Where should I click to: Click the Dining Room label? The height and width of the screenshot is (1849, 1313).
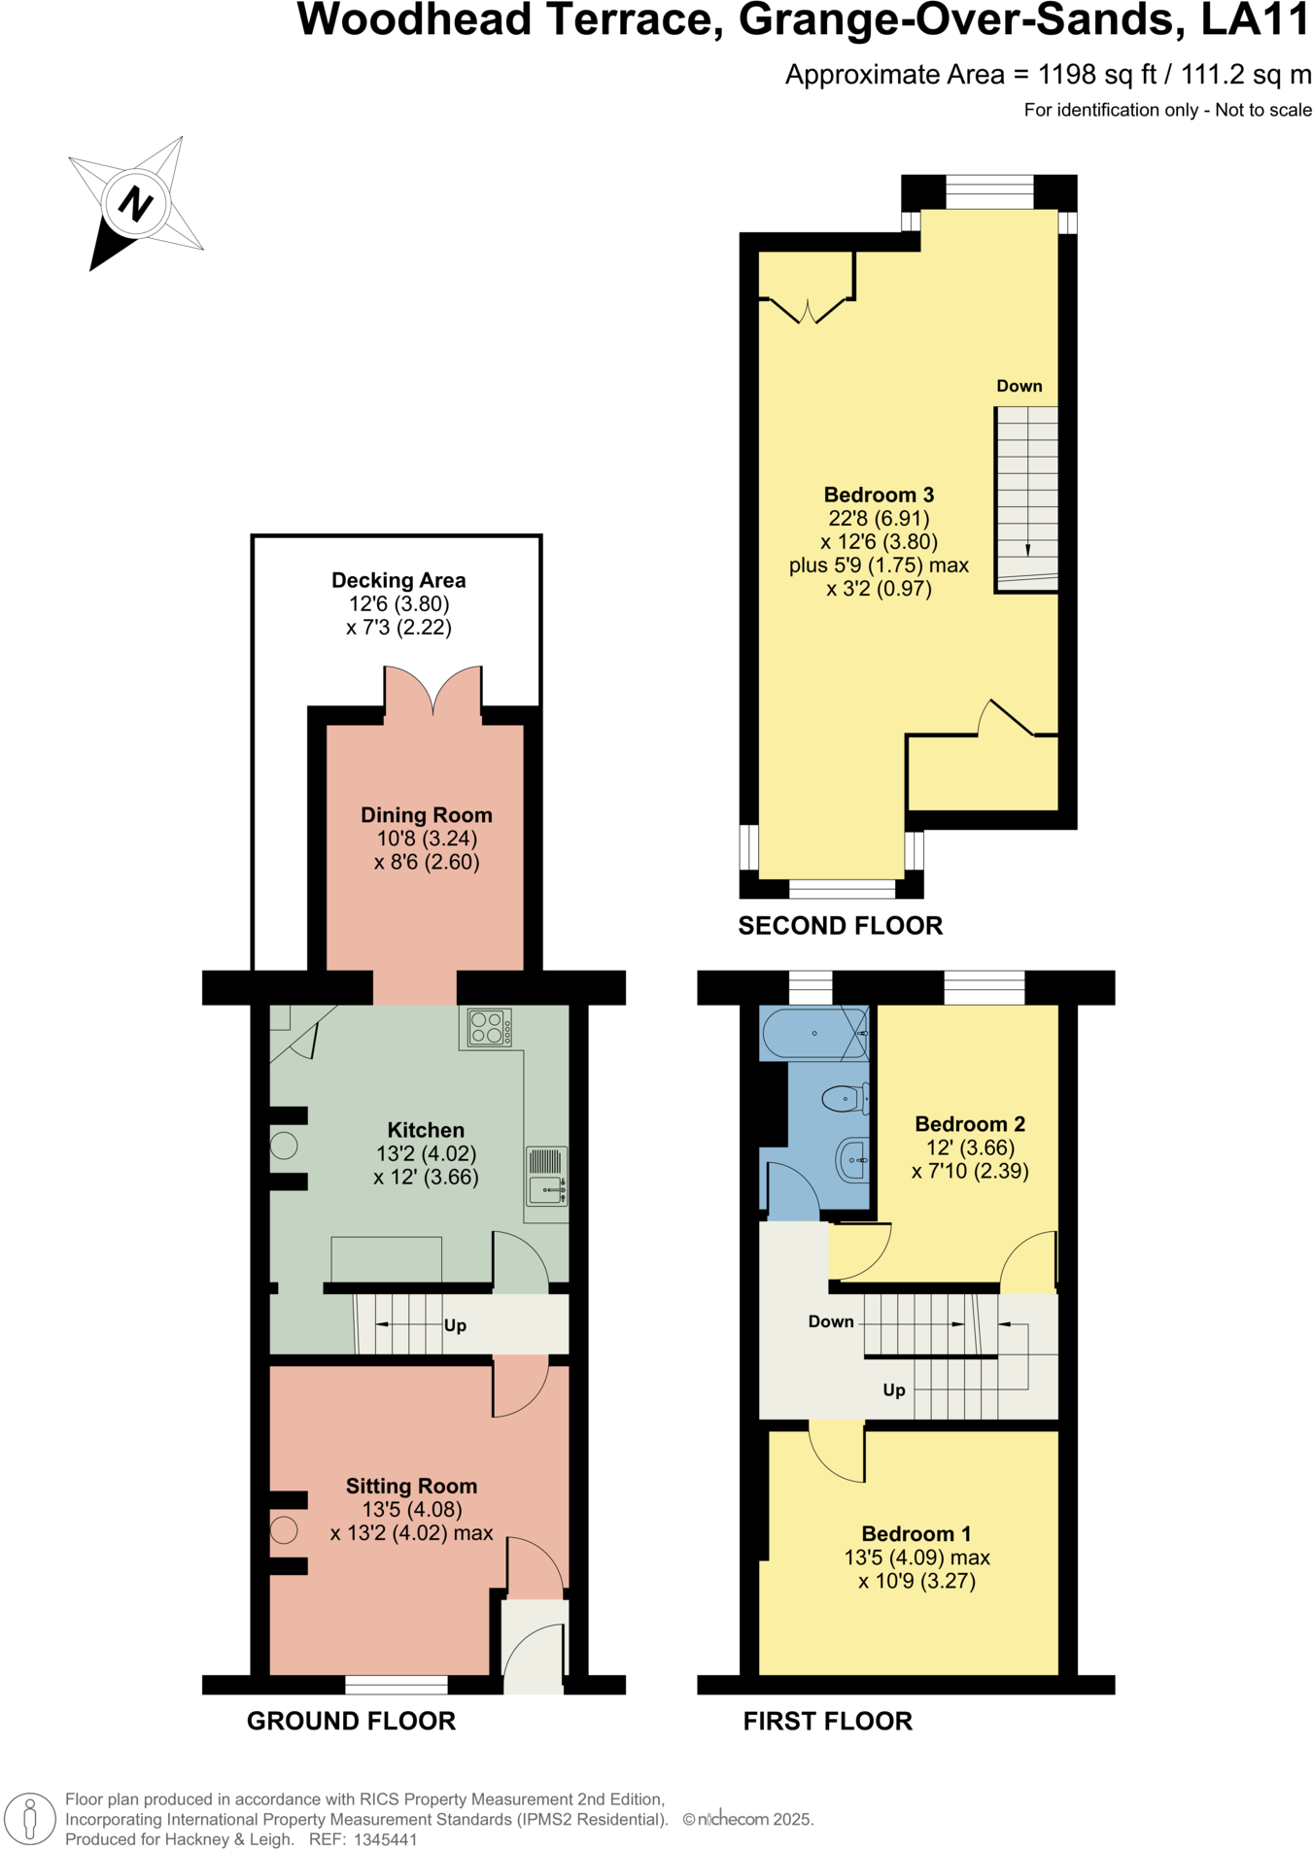tap(426, 815)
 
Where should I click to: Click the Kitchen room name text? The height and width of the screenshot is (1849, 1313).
tap(426, 1130)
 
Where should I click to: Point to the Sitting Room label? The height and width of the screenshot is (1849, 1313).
tap(411, 1486)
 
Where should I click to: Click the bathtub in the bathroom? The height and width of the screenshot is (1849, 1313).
tap(813, 1034)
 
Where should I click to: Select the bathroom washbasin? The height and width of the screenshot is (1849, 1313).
tap(851, 1160)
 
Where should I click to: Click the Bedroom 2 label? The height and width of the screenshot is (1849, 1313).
tap(969, 1124)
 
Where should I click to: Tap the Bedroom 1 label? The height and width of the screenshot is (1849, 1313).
tap(916, 1534)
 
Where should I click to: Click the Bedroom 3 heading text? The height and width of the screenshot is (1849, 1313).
tap(879, 495)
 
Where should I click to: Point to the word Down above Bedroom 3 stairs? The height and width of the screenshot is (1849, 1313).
tap(1019, 386)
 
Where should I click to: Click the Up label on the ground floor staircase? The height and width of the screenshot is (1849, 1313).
tap(455, 1325)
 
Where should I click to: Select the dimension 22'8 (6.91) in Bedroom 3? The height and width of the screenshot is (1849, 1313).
tap(879, 519)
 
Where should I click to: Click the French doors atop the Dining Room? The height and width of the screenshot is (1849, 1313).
tap(432, 693)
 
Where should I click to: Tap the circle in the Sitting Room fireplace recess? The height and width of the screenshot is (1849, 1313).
tap(284, 1530)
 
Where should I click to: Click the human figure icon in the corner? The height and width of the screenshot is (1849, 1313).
tap(30, 1818)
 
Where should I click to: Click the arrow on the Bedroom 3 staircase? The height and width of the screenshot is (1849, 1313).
tap(1027, 548)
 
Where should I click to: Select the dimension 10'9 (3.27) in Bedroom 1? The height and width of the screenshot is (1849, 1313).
tap(916, 1582)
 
